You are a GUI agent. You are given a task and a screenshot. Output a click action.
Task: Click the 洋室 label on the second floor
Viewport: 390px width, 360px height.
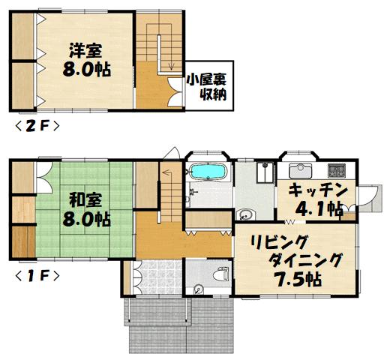85,50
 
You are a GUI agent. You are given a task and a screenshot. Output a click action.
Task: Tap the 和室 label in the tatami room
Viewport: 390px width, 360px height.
85,200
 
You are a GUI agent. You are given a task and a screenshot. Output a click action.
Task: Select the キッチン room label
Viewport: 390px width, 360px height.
318,190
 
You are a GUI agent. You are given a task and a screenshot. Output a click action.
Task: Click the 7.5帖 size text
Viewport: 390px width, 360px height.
298,279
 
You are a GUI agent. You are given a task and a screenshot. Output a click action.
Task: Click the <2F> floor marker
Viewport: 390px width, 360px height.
37,126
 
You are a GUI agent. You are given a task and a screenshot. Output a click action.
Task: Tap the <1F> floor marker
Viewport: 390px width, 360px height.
37,276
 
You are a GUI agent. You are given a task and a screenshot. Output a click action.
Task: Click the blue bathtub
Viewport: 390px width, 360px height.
208,172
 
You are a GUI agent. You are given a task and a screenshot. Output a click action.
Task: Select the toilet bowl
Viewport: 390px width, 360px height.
221,274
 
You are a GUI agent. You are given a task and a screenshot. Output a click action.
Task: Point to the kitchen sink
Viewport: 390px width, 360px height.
300,171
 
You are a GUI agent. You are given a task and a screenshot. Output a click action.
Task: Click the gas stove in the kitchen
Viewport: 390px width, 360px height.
337,170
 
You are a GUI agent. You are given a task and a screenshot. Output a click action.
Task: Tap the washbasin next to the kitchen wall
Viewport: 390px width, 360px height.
245,214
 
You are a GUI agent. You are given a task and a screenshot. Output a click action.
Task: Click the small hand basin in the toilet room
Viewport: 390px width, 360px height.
199,289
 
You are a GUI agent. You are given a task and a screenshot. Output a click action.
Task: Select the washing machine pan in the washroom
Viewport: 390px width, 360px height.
265,172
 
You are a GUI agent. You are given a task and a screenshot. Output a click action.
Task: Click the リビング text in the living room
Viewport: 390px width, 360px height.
279,242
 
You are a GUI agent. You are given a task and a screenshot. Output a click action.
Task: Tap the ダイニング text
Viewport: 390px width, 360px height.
305,260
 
